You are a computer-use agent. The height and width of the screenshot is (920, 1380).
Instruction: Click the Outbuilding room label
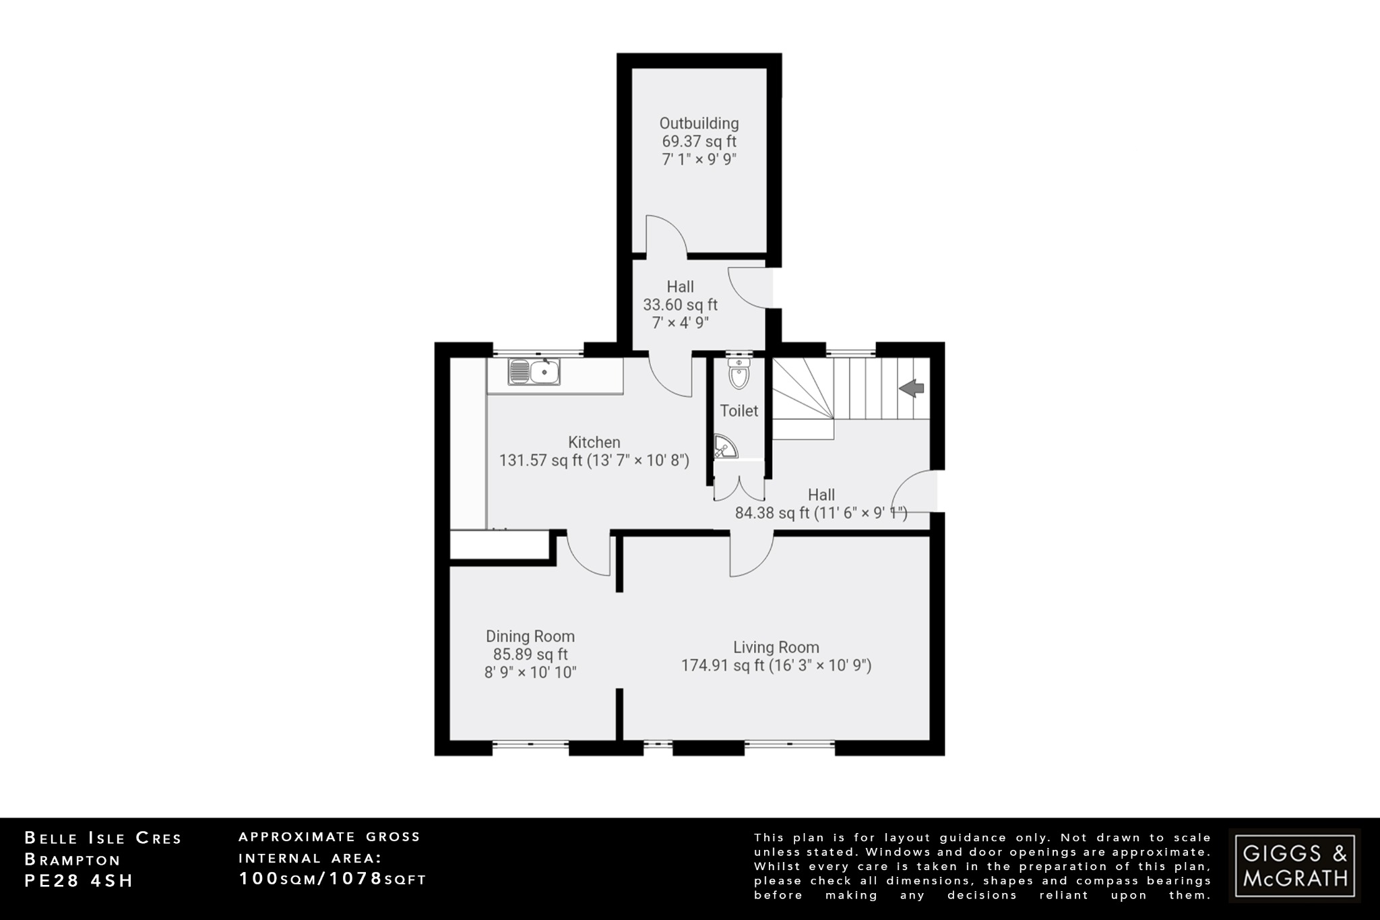pyautogui.click(x=699, y=123)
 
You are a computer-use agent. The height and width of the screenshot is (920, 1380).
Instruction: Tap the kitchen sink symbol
pyautogui.click(x=534, y=372)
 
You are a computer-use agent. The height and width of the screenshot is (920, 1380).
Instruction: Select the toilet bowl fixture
pyautogui.click(x=739, y=375)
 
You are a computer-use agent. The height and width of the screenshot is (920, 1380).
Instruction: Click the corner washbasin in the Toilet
pyautogui.click(x=724, y=446)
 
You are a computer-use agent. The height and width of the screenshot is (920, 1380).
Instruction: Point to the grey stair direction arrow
pyautogui.click(x=912, y=388)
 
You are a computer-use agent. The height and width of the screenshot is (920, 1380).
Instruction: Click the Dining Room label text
pyautogui.click(x=530, y=636)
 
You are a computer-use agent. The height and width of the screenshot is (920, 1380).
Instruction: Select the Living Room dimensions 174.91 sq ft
pyautogui.click(x=776, y=666)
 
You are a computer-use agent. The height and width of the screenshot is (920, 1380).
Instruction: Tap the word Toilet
pyautogui.click(x=739, y=410)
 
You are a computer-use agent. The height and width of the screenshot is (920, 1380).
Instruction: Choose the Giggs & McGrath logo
pyautogui.click(x=1294, y=865)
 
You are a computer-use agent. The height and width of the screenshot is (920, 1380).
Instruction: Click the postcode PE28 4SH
pyautogui.click(x=79, y=881)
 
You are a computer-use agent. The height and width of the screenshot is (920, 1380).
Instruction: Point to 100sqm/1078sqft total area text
pyautogui.click(x=333, y=879)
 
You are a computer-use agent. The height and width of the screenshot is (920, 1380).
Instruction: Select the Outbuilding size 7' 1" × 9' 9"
pyautogui.click(x=699, y=160)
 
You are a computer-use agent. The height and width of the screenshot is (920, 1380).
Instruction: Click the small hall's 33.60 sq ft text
pyautogui.click(x=680, y=305)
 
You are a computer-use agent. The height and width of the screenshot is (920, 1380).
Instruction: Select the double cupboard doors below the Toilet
pyautogui.click(x=739, y=487)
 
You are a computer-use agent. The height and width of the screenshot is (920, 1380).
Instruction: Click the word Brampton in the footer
pyautogui.click(x=72, y=860)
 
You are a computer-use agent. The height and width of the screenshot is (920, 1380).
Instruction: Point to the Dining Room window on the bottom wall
pyautogui.click(x=530, y=744)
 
